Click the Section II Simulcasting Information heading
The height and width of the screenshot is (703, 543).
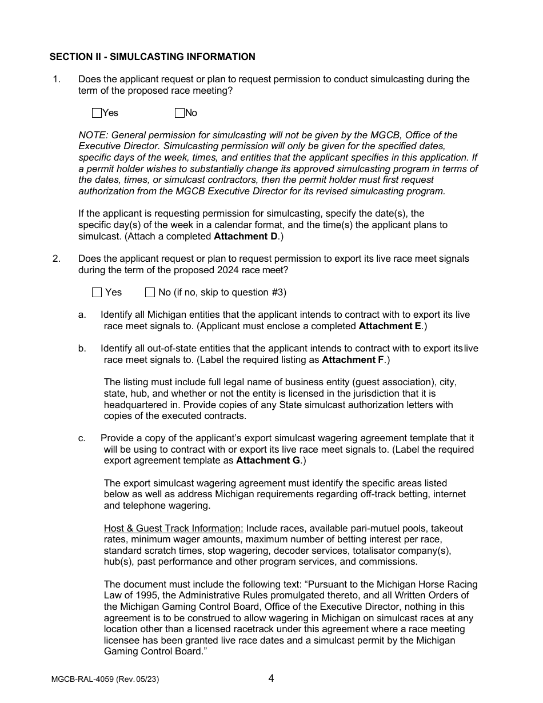point(152,57)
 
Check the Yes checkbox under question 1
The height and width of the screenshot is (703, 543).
point(97,113)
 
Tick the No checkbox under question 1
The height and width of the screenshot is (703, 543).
point(179,113)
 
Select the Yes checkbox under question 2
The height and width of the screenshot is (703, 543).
point(97,292)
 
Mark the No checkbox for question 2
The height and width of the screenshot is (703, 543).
point(150,292)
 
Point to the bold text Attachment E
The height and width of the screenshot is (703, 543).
point(390,326)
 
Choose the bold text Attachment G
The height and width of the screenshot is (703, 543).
point(268,460)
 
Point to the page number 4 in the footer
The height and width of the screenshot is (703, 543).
point(271,678)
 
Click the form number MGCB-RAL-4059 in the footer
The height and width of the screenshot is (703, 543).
point(82,680)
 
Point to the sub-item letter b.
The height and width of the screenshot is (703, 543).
point(82,348)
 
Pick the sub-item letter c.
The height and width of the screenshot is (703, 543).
point(82,438)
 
